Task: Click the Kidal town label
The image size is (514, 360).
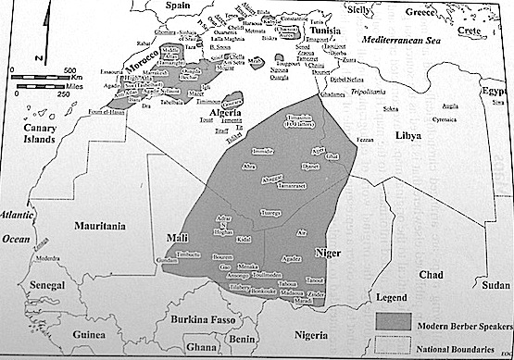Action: (x=242, y=239)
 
